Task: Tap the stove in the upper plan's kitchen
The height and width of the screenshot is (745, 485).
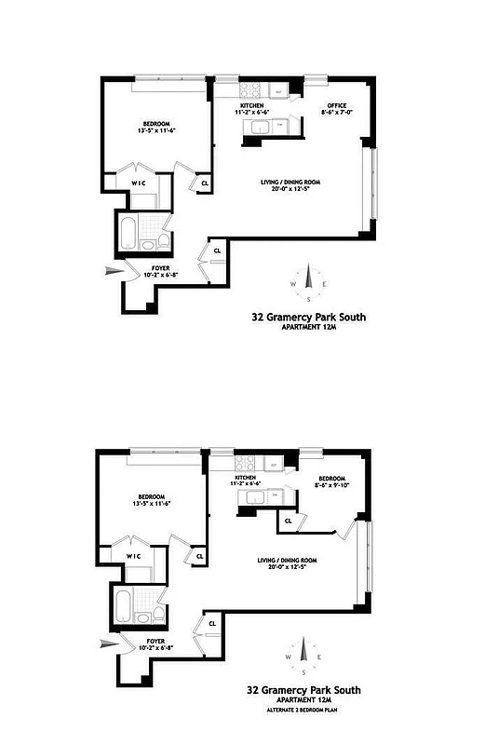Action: tap(251, 90)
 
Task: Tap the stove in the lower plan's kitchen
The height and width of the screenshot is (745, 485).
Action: tap(246, 461)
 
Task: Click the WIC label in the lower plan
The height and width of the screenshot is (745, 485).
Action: tap(133, 557)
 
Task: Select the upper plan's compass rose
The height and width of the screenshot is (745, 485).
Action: tap(309, 284)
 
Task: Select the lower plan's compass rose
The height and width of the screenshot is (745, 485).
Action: tap(304, 657)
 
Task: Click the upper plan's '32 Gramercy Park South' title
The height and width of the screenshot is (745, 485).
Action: tap(309, 318)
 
